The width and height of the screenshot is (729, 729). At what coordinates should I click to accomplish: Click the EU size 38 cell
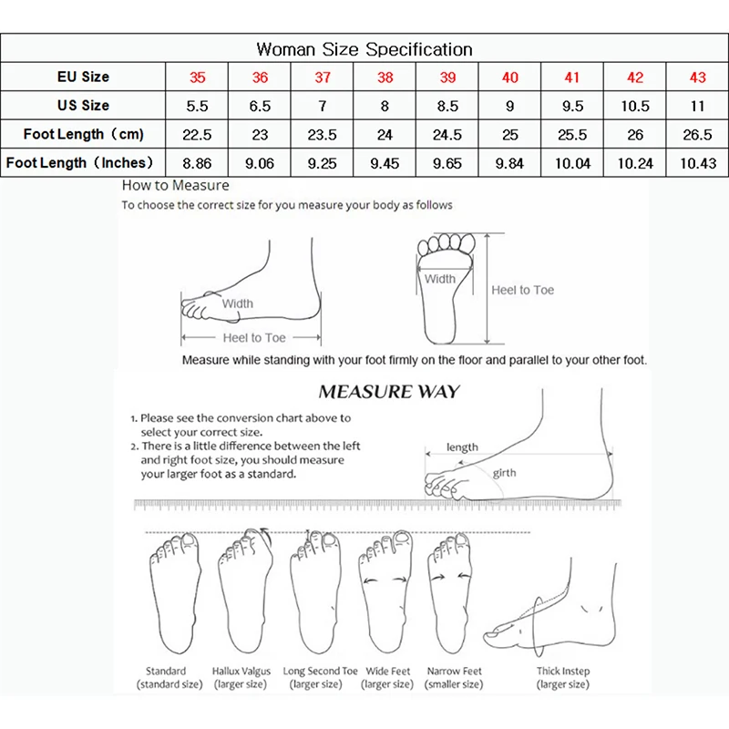(x=385, y=77)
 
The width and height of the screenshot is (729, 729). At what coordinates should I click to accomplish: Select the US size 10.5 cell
(x=635, y=106)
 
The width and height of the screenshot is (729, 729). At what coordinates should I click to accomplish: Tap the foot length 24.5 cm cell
(x=447, y=135)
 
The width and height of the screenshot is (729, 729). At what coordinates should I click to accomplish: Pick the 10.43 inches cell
(x=697, y=164)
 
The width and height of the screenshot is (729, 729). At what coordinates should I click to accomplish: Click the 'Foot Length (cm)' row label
(x=84, y=135)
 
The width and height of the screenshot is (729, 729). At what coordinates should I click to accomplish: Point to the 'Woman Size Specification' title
(x=364, y=49)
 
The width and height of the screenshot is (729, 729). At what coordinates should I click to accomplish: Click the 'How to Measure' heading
(x=176, y=186)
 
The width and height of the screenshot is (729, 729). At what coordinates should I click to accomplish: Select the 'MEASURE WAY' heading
(x=389, y=393)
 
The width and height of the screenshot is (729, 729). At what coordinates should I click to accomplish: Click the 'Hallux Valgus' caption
(x=241, y=672)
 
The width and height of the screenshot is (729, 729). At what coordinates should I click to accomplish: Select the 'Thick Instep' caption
(x=563, y=672)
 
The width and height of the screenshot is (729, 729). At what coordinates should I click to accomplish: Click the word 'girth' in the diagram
(x=505, y=474)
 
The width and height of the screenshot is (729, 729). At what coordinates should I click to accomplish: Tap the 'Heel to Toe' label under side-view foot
(x=255, y=338)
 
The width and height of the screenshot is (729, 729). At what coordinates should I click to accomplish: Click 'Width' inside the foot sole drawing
(x=440, y=279)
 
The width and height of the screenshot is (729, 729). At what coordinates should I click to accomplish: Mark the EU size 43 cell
(x=697, y=77)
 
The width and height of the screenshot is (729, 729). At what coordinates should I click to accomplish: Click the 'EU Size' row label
(x=84, y=77)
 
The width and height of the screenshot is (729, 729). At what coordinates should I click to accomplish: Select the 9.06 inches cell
(x=260, y=164)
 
